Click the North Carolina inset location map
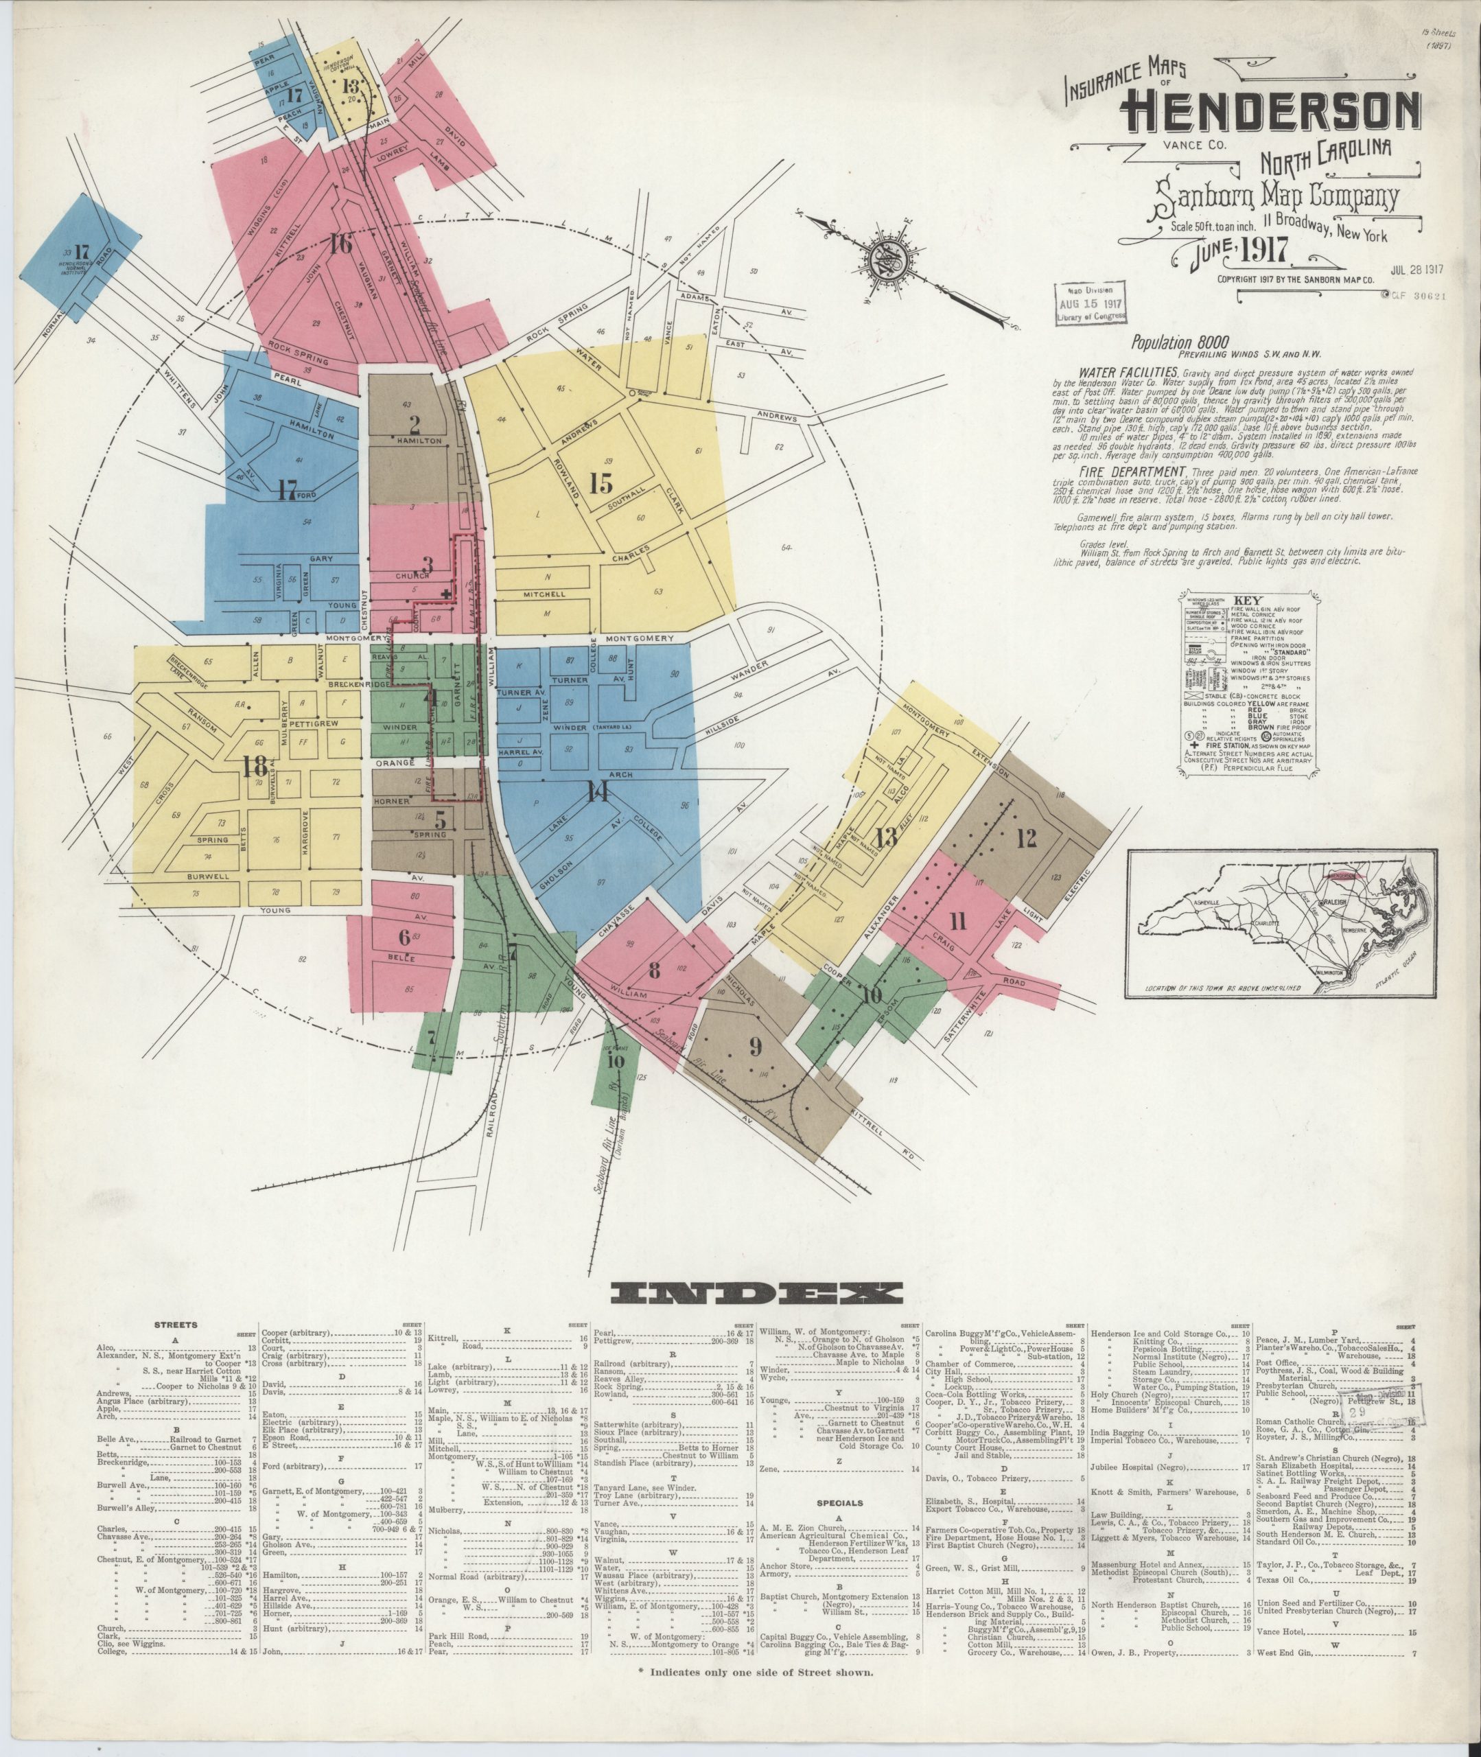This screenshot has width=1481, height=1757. (1281, 922)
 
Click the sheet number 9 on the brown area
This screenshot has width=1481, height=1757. (755, 1046)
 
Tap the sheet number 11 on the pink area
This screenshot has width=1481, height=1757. (957, 922)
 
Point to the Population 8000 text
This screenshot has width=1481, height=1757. (1180, 342)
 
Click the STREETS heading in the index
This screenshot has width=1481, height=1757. (176, 1325)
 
